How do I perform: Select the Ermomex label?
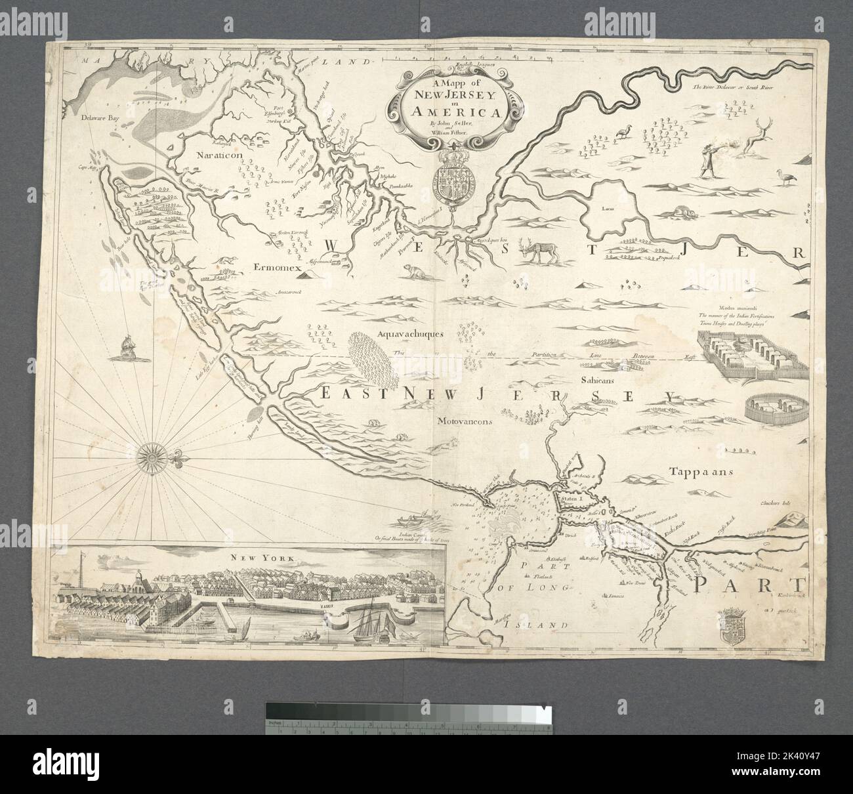(x=279, y=268)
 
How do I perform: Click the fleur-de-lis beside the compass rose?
(x=178, y=458)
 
